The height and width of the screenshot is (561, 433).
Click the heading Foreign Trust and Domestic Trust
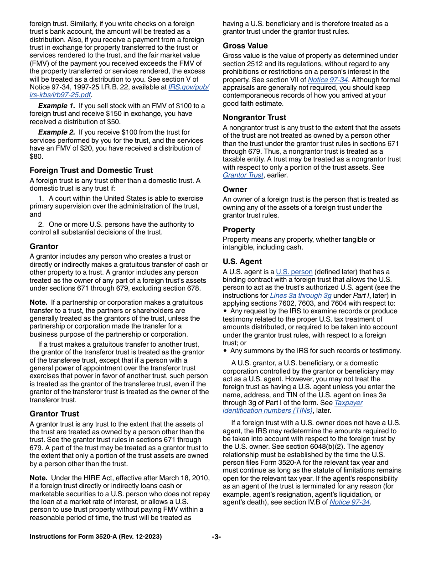(91, 170)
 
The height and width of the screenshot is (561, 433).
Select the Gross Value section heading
(245, 46)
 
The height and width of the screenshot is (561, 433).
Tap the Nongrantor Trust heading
(254, 117)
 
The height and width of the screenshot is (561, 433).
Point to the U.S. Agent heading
(242, 261)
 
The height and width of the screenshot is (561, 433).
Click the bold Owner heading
(235, 189)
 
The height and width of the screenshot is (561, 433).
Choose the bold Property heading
(239, 229)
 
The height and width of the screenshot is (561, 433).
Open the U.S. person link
(294, 272)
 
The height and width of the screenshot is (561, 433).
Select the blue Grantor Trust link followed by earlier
(243, 175)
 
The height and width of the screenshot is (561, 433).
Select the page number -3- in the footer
(216, 537)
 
